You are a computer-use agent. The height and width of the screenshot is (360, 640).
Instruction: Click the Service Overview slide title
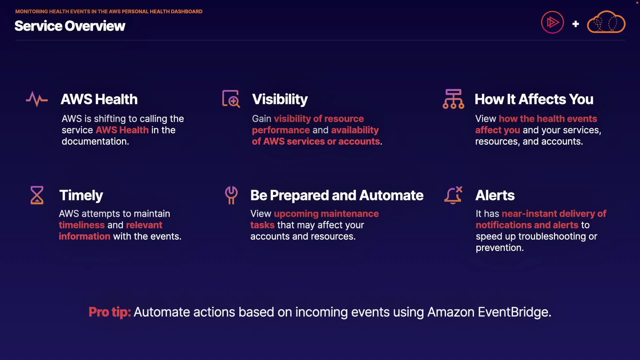[x=70, y=26]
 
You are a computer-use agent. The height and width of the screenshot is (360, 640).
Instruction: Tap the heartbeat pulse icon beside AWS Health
[x=37, y=99]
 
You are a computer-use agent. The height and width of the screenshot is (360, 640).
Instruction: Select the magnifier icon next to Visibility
[x=231, y=99]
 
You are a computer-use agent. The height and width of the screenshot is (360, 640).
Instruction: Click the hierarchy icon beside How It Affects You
[x=453, y=99]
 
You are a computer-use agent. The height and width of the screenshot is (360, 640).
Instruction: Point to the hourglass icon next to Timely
[x=37, y=195]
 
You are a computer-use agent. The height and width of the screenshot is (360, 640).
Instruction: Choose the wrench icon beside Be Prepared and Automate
[x=231, y=195]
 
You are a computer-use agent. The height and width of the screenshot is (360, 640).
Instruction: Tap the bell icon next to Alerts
[x=453, y=195]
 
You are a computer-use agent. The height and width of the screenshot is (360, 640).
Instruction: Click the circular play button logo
[x=552, y=23]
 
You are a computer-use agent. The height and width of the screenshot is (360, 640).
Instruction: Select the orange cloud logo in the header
[x=606, y=22]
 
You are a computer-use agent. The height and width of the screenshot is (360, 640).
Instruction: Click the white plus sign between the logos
[x=575, y=24]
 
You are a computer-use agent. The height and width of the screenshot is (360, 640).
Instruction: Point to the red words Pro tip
[x=110, y=312]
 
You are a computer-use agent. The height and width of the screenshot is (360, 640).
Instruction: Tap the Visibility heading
[x=280, y=99]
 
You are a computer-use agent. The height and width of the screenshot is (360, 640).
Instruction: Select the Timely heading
[x=81, y=195]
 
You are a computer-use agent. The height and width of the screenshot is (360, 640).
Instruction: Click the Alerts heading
[x=495, y=195]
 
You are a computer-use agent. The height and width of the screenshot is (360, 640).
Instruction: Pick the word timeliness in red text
[x=82, y=225]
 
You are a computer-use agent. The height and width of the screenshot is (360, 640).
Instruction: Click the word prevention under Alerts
[x=499, y=248]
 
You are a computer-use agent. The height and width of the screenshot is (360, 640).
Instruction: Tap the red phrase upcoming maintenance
[x=326, y=214]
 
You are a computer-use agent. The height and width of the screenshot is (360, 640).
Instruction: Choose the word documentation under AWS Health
[x=95, y=141]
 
